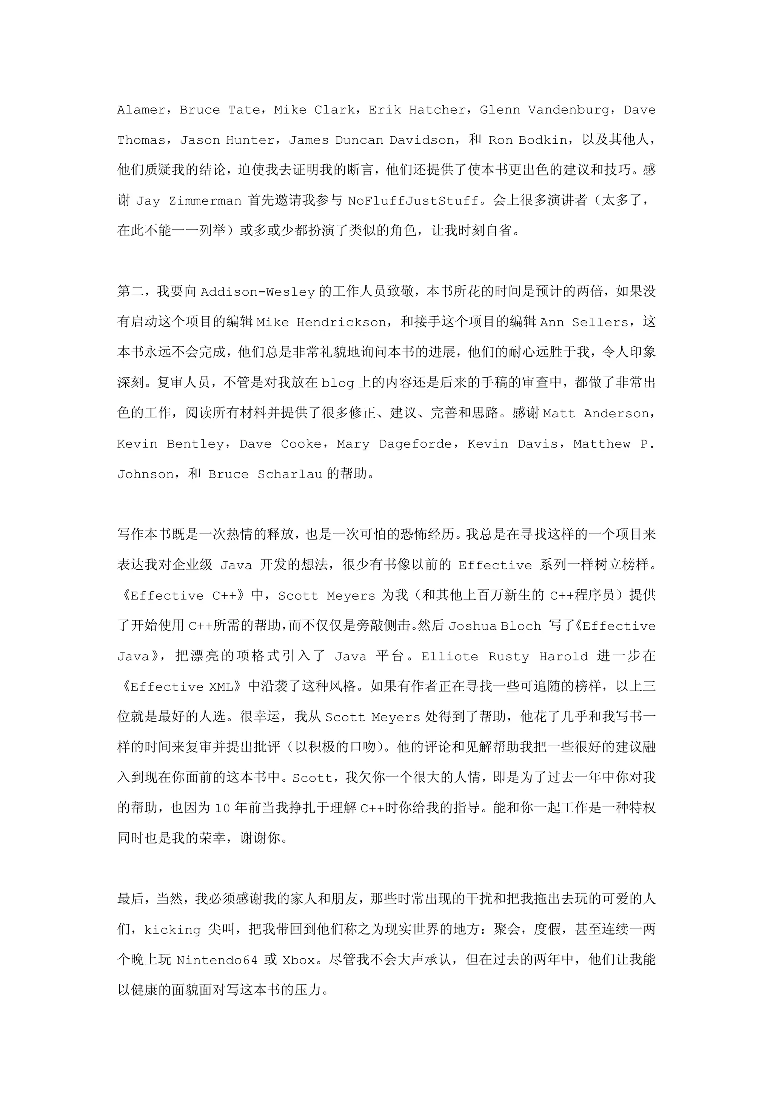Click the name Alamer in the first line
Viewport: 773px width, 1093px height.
(x=141, y=110)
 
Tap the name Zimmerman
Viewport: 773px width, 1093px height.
(x=205, y=201)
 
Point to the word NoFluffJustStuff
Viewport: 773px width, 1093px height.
(x=413, y=201)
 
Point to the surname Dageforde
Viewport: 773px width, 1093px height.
(x=415, y=444)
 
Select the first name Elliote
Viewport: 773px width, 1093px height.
(x=449, y=656)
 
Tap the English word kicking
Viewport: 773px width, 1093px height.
(x=172, y=930)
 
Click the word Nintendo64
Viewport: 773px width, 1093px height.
(x=217, y=960)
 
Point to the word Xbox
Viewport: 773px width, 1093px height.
(x=299, y=960)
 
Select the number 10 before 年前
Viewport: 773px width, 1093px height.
(x=222, y=808)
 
